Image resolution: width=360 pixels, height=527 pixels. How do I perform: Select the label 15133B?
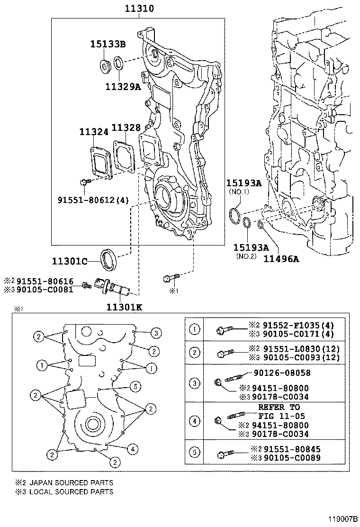[108, 45]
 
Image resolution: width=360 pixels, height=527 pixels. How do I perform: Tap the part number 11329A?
[123, 87]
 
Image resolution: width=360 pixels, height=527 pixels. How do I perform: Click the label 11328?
[126, 128]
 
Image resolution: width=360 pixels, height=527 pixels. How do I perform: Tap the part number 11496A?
[281, 259]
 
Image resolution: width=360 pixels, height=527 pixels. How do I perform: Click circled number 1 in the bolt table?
[194, 328]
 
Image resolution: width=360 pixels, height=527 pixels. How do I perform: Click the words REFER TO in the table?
[279, 407]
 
